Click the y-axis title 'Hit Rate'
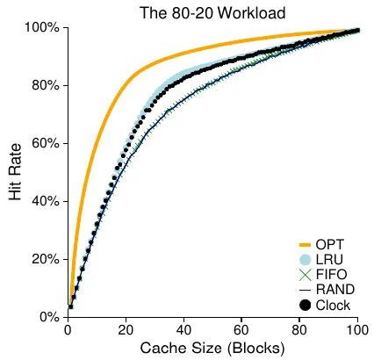pos(15,173)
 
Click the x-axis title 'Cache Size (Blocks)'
pos(212,349)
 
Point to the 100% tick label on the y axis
pos(41,28)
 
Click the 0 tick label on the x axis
pos(68,330)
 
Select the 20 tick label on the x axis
pos(126,330)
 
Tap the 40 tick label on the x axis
pos(184,330)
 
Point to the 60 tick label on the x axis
pos(242,330)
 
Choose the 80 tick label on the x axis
pos(300,330)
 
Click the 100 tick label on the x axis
pos(357,330)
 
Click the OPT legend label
pos(330,244)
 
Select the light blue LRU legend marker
pos(306,260)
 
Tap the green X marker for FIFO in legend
pos(306,275)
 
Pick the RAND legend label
pos(334,290)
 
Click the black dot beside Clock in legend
pos(306,305)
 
